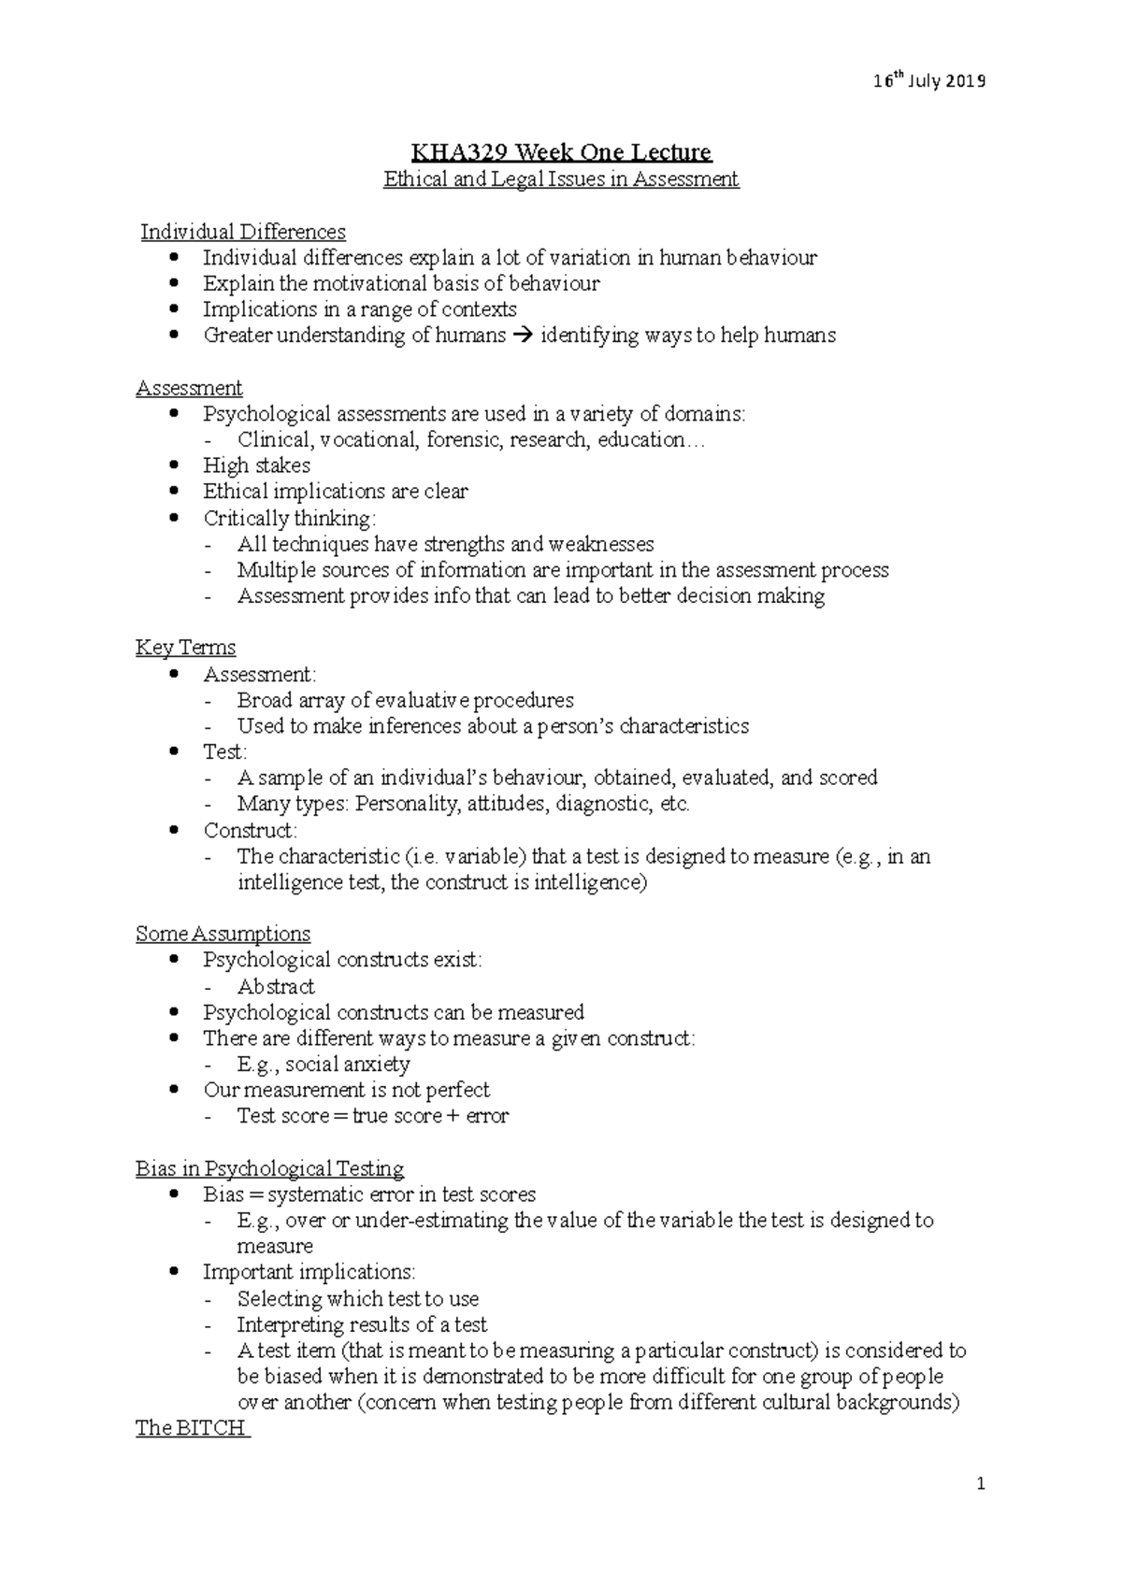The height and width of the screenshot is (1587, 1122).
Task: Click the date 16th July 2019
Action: click(929, 81)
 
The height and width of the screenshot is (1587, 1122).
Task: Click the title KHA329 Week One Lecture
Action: click(562, 151)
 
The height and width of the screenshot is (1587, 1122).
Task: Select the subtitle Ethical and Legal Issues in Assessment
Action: click(561, 179)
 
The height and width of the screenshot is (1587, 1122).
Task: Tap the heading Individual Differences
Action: click(243, 232)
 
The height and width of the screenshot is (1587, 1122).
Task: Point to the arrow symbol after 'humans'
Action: click(523, 336)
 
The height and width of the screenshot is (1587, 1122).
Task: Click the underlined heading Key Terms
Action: click(185, 648)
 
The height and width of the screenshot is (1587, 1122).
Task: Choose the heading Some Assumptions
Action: click(223, 934)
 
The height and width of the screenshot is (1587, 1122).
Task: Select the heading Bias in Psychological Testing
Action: click(269, 1168)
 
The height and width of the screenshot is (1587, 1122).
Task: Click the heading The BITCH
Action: click(192, 1428)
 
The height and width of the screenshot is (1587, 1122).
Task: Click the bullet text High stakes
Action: click(256, 465)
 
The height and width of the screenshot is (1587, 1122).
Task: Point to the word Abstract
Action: click(276, 986)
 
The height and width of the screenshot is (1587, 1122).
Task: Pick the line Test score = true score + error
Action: click(372, 1116)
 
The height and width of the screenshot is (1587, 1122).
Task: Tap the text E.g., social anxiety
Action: click(324, 1064)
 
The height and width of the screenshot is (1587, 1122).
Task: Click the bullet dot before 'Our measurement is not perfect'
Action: click(174, 1090)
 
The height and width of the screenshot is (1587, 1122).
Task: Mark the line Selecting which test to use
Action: click(357, 1298)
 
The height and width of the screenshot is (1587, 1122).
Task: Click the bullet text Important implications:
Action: click(309, 1272)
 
